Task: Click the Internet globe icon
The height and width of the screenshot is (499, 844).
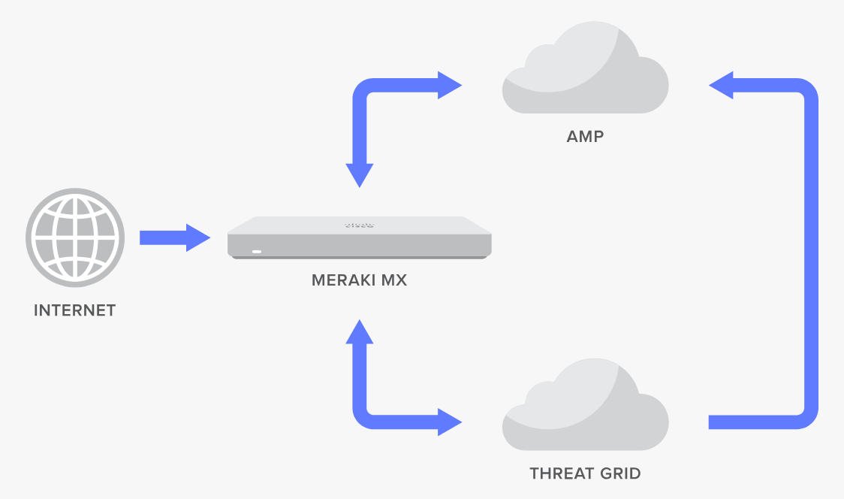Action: [74, 237]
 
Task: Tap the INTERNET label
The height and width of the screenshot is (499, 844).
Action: [74, 310]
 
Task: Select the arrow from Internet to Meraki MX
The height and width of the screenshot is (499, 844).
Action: [174, 237]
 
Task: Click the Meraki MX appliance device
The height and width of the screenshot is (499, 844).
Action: [360, 237]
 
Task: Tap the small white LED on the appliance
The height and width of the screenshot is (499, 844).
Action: [257, 250]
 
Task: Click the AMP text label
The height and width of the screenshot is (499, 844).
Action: [585, 137]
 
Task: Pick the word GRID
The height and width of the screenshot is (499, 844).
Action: [620, 473]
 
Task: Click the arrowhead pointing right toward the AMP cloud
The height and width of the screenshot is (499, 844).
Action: [449, 85]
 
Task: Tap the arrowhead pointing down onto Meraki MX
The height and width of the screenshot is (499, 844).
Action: [360, 175]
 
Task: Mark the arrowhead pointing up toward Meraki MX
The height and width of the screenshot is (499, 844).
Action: [360, 331]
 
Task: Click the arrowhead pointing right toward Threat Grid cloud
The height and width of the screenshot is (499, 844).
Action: [449, 422]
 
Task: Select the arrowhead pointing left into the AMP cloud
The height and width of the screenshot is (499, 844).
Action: [722, 85]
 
